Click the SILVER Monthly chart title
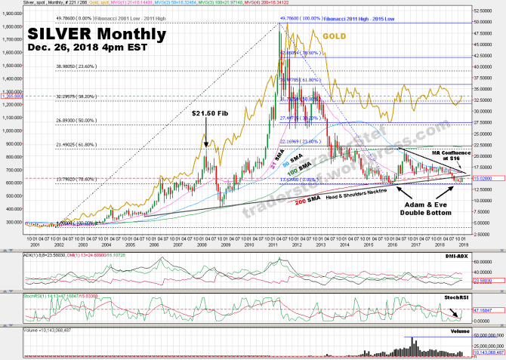point(97,34)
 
